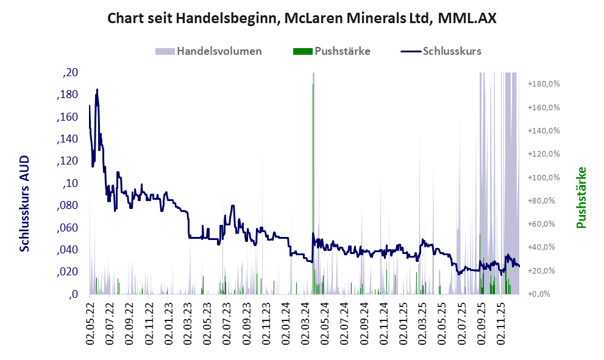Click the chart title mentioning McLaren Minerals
(x=302, y=18)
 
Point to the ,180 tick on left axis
(x=67, y=95)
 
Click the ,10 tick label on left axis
(x=70, y=183)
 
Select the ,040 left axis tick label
(x=67, y=250)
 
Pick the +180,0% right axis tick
(x=544, y=83)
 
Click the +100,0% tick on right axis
(x=544, y=177)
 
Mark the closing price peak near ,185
(x=97, y=90)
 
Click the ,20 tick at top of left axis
(x=70, y=72)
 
